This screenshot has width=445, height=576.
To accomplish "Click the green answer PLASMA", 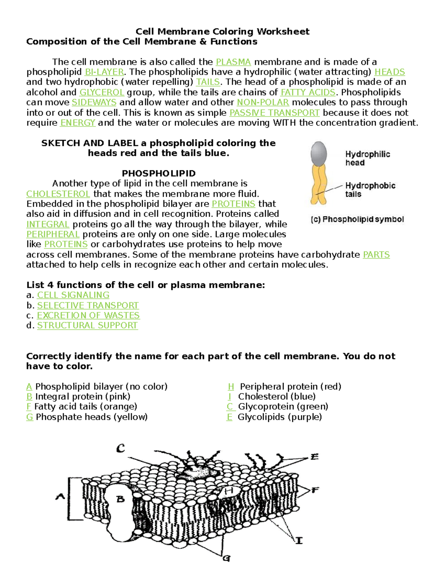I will point(233,62).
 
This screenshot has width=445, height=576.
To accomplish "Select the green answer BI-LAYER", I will point(104,72).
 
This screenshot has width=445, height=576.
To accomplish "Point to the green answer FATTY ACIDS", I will point(308,92).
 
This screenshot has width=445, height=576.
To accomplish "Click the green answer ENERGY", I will point(78,123).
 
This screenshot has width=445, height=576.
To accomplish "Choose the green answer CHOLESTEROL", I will point(58,194).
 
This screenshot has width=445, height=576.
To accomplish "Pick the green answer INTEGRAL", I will point(47,224).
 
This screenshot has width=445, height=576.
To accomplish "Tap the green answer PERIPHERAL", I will point(53,234).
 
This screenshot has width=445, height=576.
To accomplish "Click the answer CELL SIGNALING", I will point(73,295).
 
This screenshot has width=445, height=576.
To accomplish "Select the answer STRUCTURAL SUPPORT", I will point(87,326).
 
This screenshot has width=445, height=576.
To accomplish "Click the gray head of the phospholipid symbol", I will point(319,153).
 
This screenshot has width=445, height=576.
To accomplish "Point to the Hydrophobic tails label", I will point(370,190).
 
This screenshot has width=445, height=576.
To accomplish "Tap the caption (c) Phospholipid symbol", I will point(357,220).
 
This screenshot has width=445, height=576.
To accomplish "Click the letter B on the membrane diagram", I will point(121,499).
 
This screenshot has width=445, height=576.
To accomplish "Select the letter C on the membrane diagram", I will point(121,449).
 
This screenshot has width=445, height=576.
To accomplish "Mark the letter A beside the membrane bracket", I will point(60,496).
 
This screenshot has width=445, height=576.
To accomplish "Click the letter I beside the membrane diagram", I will point(299,540).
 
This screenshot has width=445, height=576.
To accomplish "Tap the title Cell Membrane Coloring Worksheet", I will point(222,32).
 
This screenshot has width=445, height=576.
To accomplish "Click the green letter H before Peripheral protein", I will point(231,387).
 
